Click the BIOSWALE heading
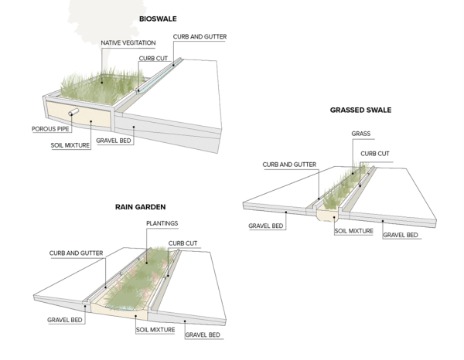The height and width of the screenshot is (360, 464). pos(159,19)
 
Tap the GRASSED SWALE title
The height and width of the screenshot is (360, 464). pos(360,110)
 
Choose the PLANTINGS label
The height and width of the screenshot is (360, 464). pos(162,223)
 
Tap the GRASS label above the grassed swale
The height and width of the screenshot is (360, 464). pos(361,134)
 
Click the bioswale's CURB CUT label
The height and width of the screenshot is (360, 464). pos(153,57)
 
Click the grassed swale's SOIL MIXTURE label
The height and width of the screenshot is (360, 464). pos(354,230)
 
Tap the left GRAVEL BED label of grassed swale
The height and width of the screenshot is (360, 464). pos(266,227)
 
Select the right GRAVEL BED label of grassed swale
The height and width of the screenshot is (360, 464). pos(401,235)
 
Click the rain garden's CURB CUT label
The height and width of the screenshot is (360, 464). pos(183,243)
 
